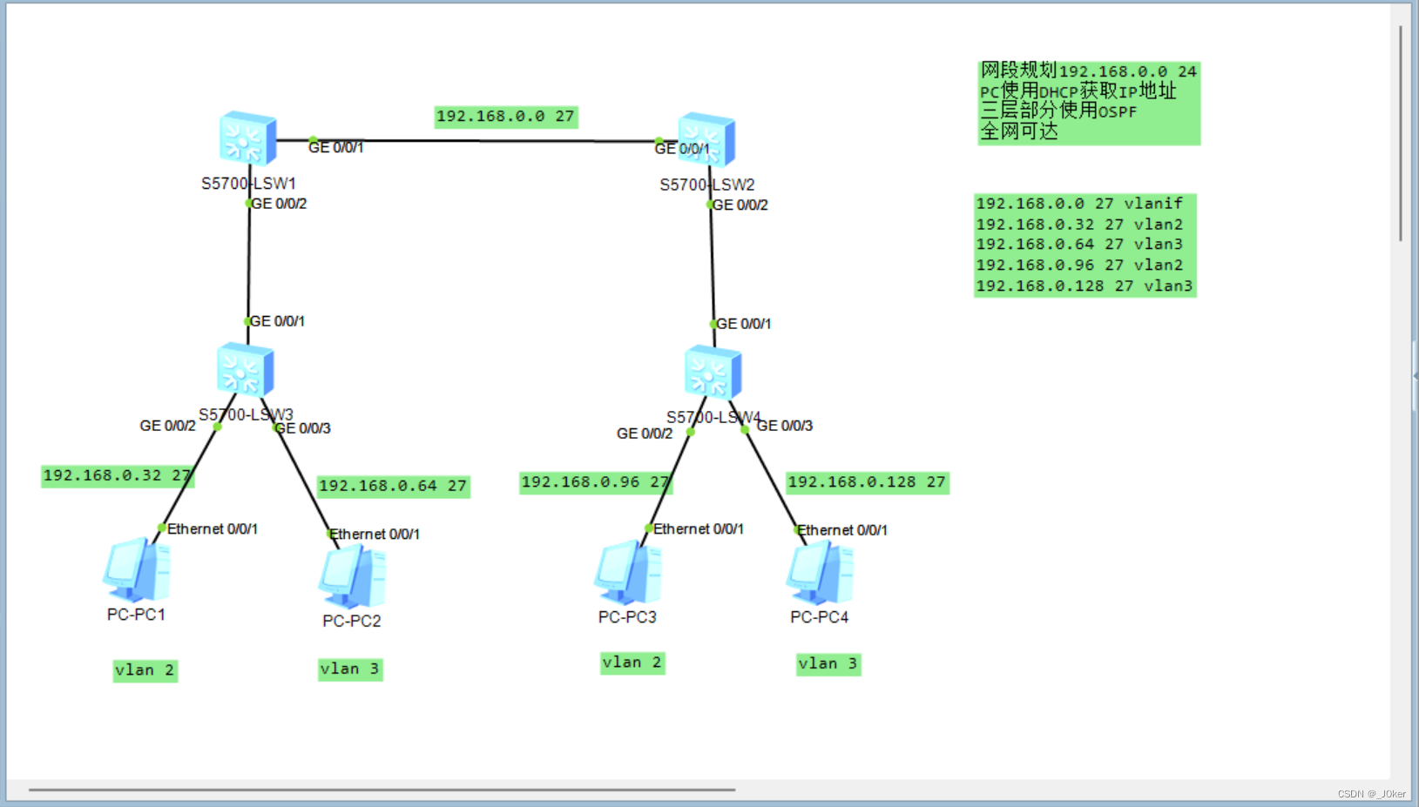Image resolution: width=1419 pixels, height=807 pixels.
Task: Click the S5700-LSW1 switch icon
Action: click(x=247, y=138)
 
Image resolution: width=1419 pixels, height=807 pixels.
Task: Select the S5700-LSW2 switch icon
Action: click(x=706, y=139)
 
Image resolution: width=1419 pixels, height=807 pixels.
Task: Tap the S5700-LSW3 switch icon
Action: click(x=245, y=370)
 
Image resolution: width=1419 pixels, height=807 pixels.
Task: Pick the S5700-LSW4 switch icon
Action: click(x=713, y=373)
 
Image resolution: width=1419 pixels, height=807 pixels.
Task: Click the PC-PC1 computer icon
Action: click(x=137, y=570)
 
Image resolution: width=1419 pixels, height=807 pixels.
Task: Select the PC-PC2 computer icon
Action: click(x=353, y=576)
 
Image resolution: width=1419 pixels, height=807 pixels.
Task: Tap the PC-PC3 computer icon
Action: click(x=627, y=573)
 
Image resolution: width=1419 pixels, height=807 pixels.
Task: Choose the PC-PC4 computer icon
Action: click(x=820, y=573)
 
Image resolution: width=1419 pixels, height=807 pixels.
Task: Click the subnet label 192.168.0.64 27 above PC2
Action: click(x=393, y=486)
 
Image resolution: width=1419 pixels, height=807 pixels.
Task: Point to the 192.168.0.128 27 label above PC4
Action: click(x=867, y=482)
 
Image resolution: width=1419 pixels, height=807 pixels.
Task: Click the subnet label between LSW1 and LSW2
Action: click(x=505, y=117)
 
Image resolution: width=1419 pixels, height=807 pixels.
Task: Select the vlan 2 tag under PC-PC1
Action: click(x=145, y=670)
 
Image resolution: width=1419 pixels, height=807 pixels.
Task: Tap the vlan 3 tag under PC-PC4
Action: click(x=828, y=664)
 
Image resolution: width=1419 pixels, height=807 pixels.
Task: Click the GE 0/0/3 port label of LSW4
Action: click(x=785, y=426)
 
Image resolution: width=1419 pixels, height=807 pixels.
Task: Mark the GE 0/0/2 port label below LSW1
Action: click(x=279, y=204)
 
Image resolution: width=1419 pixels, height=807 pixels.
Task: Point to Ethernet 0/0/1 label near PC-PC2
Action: click(x=375, y=534)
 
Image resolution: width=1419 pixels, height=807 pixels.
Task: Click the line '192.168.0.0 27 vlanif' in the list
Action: click(x=1079, y=204)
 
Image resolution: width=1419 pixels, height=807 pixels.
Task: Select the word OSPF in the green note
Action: click(x=1117, y=112)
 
